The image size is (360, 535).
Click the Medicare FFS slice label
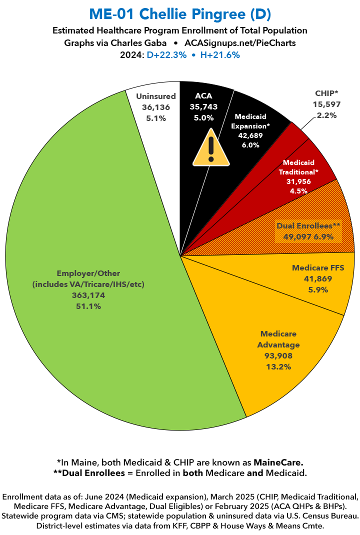click(317, 267)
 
